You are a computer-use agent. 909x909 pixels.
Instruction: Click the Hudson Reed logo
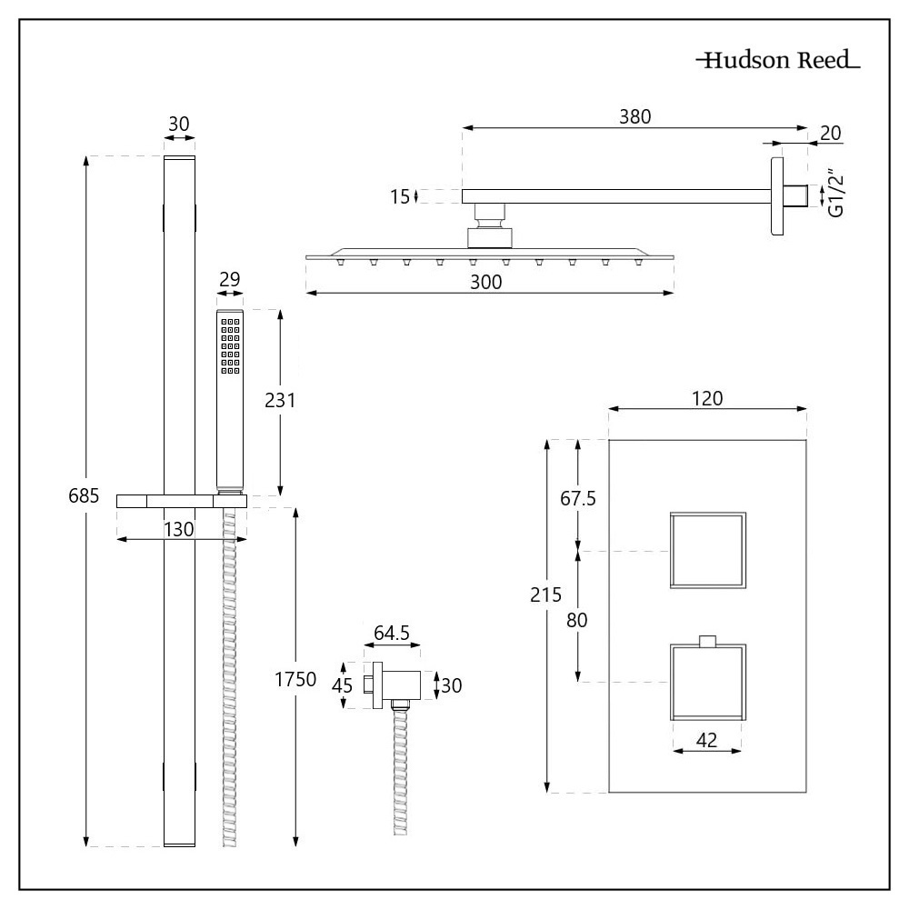pyautogui.click(x=777, y=62)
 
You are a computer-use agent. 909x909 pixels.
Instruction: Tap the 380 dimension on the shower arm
pyautogui.click(x=635, y=115)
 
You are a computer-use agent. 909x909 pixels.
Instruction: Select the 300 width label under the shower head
pyautogui.click(x=487, y=282)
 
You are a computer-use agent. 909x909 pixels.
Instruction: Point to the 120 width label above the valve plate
pyautogui.click(x=707, y=398)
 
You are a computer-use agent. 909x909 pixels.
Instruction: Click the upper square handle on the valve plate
pyautogui.click(x=707, y=550)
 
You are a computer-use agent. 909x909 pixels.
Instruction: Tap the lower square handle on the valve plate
pyautogui.click(x=707, y=681)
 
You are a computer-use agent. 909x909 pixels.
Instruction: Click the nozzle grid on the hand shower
pyautogui.click(x=228, y=346)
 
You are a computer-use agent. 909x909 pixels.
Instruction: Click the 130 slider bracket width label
pyautogui.click(x=179, y=529)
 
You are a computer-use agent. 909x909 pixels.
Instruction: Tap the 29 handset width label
pyautogui.click(x=229, y=279)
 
